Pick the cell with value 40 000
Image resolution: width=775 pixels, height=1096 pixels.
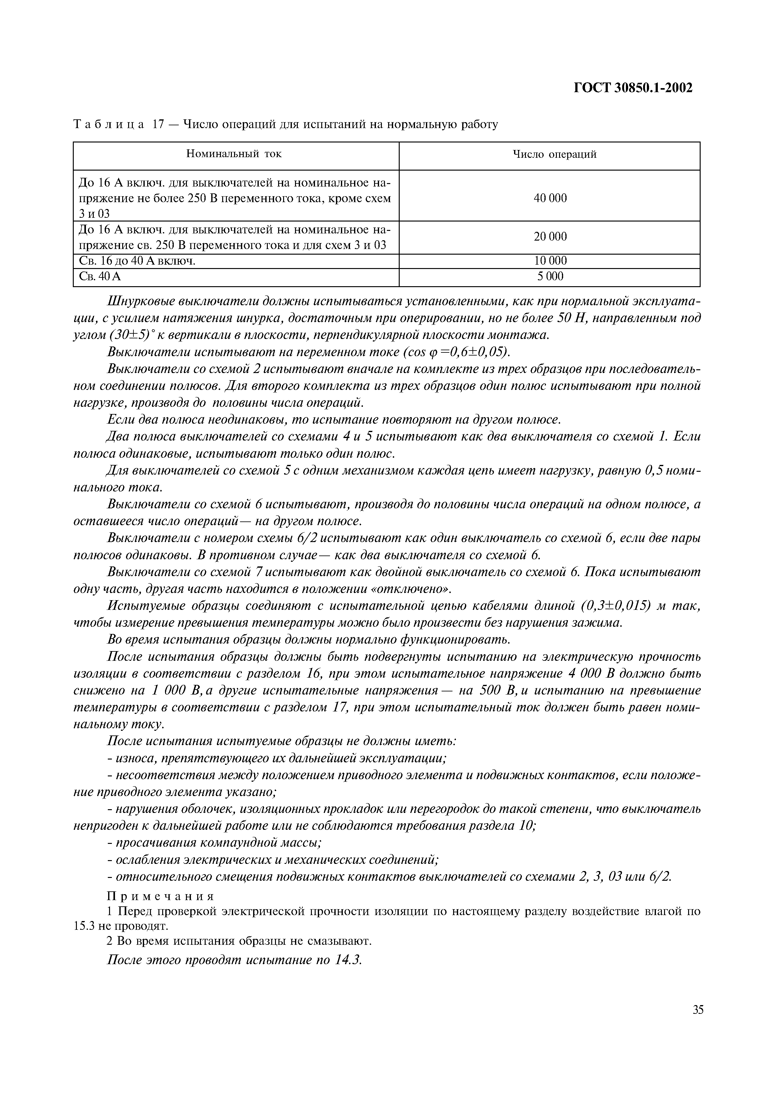pos(550,198)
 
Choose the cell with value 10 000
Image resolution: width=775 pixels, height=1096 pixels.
pos(550,261)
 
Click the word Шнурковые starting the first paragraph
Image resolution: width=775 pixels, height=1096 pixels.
pos(141,302)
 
